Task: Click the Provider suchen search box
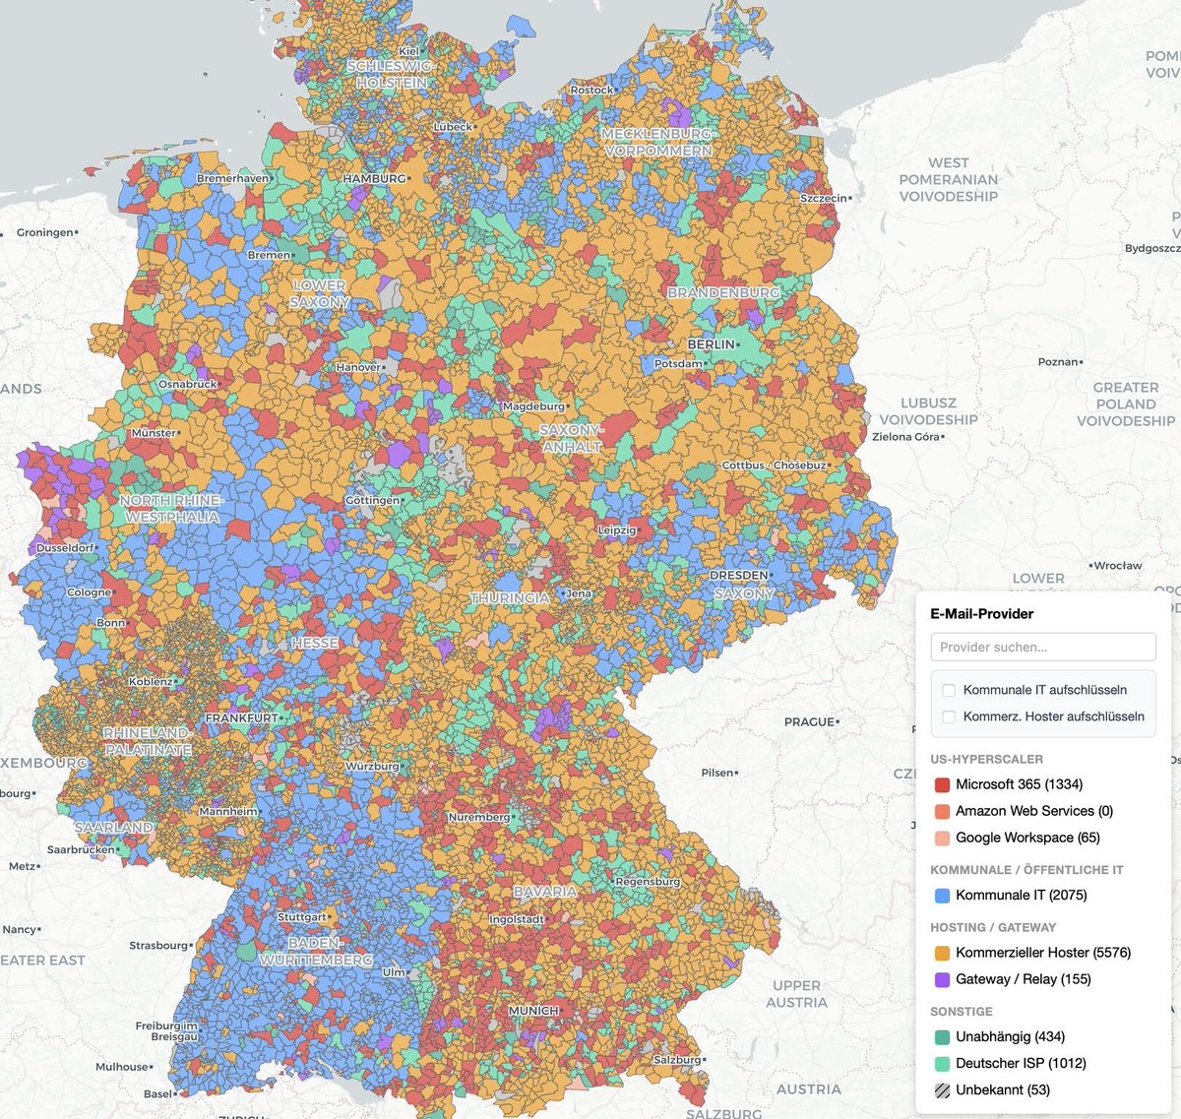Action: tap(1042, 647)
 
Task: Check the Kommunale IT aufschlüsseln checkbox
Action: tap(949, 690)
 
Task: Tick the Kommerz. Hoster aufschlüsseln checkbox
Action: tap(949, 716)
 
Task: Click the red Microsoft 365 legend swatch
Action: tap(942, 784)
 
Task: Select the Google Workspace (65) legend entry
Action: tap(1027, 838)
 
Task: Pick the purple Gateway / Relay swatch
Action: tap(942, 979)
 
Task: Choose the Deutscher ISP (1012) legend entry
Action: tap(1021, 1063)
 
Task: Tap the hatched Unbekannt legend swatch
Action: tap(942, 1089)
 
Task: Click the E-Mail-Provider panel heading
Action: tap(981, 613)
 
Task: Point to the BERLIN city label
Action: tap(711, 344)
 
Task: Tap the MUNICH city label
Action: tap(532, 1011)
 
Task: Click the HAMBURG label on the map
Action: tap(374, 179)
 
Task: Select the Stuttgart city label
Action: tap(301, 917)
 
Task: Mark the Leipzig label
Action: tap(617, 530)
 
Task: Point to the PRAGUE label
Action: tap(809, 721)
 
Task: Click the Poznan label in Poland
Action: tap(1058, 362)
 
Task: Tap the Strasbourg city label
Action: tap(157, 946)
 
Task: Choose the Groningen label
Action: tap(45, 233)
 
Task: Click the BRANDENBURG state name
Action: tap(722, 292)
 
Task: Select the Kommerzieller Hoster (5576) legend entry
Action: tap(1042, 953)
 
